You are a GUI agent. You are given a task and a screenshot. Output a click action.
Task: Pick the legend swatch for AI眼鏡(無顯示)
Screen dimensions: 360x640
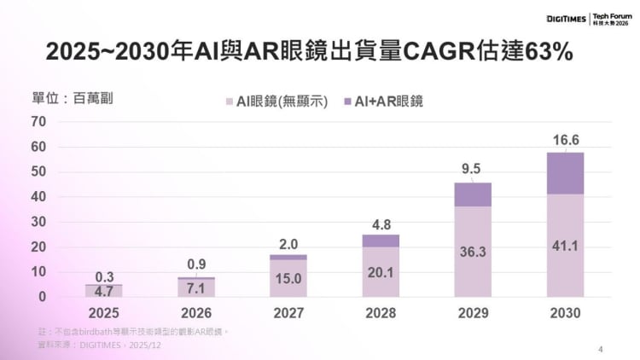click(228, 101)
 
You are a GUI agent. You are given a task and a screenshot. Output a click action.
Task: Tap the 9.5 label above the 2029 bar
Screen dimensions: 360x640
click(471, 170)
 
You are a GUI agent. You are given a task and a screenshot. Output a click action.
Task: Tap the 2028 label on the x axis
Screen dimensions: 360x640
click(381, 313)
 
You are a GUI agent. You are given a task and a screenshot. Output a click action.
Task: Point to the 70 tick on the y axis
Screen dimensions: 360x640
click(38, 122)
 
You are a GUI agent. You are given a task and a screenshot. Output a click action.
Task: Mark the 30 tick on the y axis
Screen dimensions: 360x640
click(38, 223)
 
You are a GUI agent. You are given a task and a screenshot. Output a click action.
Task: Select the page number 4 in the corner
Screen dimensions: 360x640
click(601, 349)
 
